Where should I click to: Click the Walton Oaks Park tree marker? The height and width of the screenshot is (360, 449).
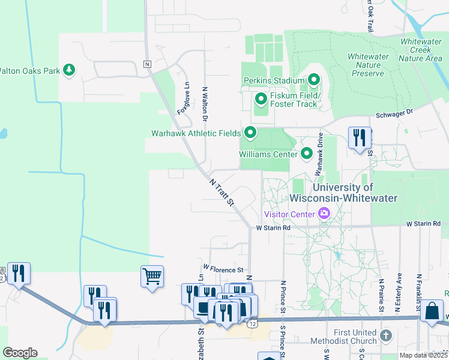[70, 70]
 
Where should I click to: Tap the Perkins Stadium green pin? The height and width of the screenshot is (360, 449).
[313, 80]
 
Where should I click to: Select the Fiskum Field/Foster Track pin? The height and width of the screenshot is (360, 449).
[261, 98]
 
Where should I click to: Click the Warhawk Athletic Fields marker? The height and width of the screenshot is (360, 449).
[250, 133]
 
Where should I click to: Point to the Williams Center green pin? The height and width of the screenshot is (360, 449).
[307, 154]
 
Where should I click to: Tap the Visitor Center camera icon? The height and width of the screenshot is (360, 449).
[325, 214]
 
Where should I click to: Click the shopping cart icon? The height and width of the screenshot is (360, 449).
[152, 277]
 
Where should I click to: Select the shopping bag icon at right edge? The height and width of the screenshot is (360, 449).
[432, 311]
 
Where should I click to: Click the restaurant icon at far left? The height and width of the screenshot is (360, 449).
[19, 274]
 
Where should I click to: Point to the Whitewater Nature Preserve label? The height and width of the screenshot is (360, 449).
[366, 65]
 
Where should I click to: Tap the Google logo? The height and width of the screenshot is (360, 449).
[20, 353]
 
